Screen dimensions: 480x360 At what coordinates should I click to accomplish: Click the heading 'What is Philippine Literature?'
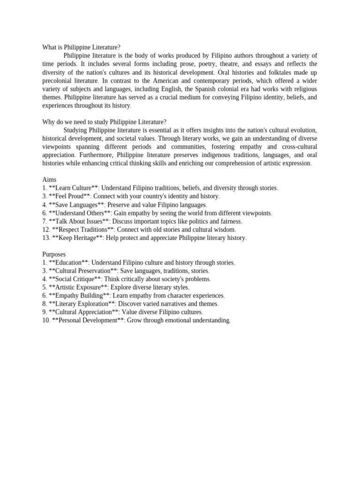click(x=81, y=47)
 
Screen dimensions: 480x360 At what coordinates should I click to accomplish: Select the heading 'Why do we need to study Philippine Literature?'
click(x=104, y=122)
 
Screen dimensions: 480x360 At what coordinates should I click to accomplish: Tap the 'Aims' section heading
click(x=49, y=180)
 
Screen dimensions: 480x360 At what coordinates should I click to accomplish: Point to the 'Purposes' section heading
click(x=54, y=254)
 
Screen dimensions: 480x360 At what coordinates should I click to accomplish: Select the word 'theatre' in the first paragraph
click(x=240, y=64)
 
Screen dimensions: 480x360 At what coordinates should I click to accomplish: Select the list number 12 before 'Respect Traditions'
click(x=46, y=230)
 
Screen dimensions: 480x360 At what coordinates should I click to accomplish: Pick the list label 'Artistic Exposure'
click(x=78, y=287)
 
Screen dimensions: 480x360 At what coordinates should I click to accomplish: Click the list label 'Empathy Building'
click(x=79, y=296)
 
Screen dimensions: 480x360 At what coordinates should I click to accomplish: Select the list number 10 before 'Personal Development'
click(x=46, y=321)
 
